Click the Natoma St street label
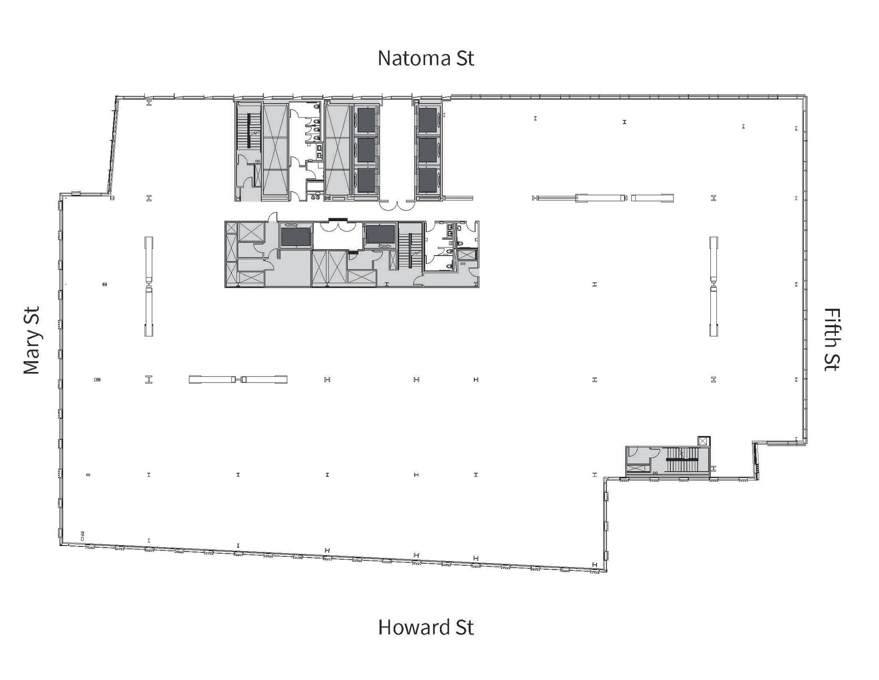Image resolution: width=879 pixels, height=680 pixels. pos(426,58)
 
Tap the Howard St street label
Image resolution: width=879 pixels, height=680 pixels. pos(426,627)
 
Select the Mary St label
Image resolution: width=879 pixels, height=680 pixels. pos(32,340)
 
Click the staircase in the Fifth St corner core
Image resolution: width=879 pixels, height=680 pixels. pos(682,460)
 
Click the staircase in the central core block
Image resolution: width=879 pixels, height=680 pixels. pos(411,250)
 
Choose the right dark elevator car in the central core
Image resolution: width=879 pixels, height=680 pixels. pos(380,235)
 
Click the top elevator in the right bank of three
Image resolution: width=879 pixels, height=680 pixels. pos(427,120)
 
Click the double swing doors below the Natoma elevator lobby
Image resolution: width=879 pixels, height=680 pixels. pos(397,206)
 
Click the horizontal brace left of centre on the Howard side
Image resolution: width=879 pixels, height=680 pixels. pos(238,379)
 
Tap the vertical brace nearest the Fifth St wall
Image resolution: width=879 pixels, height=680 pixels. pos(713,287)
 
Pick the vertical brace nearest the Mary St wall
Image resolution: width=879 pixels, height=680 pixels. pos(149,287)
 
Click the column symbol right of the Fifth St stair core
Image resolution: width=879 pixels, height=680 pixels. pos(714,468)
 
